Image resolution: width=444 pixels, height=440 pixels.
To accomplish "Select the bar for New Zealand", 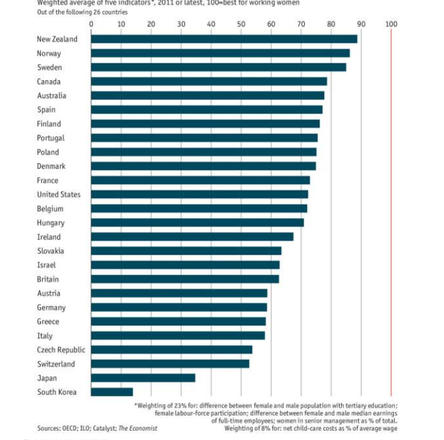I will click(224, 39).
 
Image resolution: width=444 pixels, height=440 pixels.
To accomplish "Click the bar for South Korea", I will click(112, 392).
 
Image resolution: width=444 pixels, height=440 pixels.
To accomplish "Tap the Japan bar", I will click(143, 378).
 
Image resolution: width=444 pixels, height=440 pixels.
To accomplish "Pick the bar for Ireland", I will click(192, 237).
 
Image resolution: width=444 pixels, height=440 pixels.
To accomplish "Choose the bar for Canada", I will click(209, 82).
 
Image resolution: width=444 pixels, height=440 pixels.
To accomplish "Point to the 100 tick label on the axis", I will click(391, 24).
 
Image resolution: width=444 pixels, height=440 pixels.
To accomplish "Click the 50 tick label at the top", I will click(241, 24).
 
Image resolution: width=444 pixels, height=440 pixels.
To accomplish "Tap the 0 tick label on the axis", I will click(91, 24).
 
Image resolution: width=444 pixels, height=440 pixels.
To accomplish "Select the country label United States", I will click(59, 195).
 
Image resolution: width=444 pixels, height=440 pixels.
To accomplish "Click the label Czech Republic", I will click(61, 350).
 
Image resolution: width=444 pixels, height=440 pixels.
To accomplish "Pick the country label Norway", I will click(49, 53).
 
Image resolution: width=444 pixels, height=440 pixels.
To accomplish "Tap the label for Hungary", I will click(51, 223).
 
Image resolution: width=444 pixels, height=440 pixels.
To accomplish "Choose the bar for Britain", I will click(184, 279).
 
